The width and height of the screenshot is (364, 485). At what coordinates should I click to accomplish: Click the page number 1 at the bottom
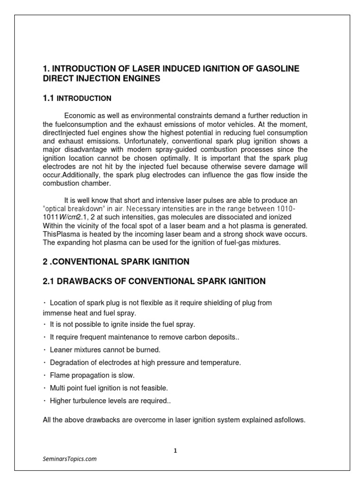coord(175,451)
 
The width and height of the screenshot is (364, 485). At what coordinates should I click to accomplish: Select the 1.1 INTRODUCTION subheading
coord(77,99)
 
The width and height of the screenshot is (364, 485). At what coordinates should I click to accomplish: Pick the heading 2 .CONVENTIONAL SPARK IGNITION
coord(116,261)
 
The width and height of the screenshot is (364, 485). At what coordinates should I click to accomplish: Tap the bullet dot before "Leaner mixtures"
coord(44,350)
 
